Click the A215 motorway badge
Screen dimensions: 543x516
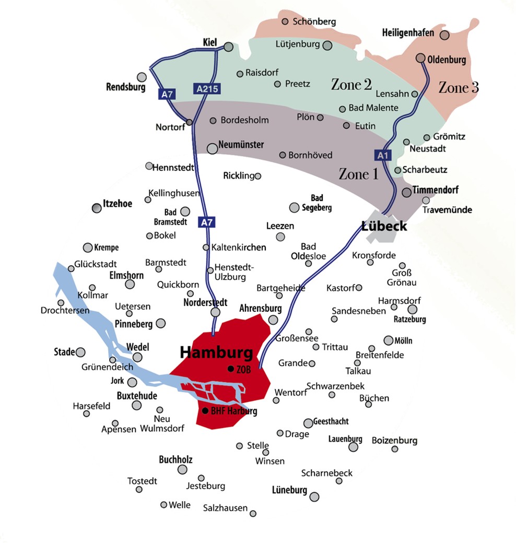[x=207, y=89]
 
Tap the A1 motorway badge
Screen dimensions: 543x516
[x=383, y=155]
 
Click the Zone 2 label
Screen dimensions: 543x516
[x=351, y=84]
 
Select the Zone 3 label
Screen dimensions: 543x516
[x=459, y=87]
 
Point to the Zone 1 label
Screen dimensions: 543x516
[x=359, y=174]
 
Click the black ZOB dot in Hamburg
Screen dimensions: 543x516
[x=230, y=369]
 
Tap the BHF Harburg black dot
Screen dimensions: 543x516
[x=206, y=411]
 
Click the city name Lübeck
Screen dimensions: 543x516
[x=384, y=226]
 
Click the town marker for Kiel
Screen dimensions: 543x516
[x=228, y=47]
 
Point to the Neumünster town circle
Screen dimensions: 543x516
[x=213, y=149]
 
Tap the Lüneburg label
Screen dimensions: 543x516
[x=289, y=490]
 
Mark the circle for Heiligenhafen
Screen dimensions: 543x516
[x=444, y=35]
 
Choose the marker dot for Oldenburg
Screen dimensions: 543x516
[x=420, y=58]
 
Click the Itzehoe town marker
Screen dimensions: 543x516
[x=97, y=208]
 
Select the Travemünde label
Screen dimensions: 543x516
[x=448, y=210]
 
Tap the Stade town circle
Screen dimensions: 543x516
[x=80, y=352]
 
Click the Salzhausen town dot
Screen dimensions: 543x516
[x=253, y=514]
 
